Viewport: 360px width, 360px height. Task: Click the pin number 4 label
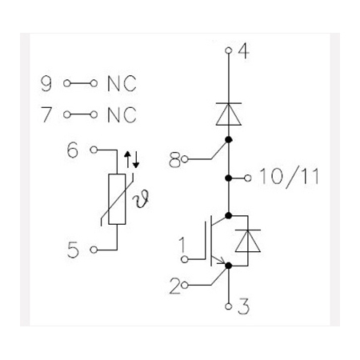(244, 50)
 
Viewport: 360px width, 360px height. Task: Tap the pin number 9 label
(46, 83)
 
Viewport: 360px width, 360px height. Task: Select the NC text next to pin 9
(122, 84)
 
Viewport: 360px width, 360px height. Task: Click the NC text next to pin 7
(122, 115)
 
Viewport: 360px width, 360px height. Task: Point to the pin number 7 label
(46, 114)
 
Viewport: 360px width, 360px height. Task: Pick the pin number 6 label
(73, 150)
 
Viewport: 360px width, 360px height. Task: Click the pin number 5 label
(73, 250)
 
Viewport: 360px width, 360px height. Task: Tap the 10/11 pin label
(289, 178)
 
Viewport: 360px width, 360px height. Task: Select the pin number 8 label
(175, 160)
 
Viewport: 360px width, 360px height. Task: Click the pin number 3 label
(244, 306)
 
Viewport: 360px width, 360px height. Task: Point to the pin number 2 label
(175, 286)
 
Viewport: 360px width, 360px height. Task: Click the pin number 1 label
(182, 245)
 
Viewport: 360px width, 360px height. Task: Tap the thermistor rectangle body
(117, 199)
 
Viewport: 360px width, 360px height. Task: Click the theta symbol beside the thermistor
(142, 198)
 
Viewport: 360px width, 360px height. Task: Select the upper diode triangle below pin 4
(229, 114)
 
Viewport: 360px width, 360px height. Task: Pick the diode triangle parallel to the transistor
(248, 241)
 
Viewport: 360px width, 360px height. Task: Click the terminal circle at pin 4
(228, 50)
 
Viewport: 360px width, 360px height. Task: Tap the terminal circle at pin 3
(228, 306)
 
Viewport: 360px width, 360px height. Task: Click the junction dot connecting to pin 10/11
(229, 178)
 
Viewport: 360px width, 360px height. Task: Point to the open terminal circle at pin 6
(94, 150)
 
